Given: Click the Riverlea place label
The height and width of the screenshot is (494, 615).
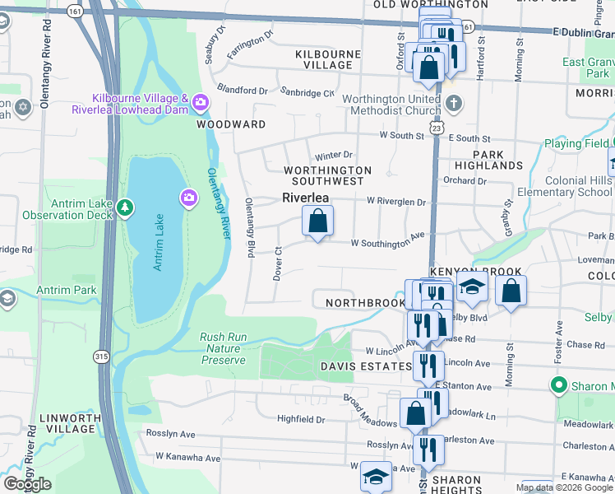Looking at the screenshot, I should [306, 198].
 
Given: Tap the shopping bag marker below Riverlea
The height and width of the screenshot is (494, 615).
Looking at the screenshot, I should [317, 221].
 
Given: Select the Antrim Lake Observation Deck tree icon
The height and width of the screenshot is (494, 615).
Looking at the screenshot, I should [124, 207].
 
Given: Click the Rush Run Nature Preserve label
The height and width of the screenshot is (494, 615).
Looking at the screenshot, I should [223, 348].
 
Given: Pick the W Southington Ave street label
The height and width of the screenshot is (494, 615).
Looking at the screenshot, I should [387, 243].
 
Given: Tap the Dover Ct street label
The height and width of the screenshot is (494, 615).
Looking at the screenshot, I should [278, 263].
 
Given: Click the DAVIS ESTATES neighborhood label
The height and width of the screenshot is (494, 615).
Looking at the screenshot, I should [366, 366].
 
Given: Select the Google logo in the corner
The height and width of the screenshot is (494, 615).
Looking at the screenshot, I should [27, 484].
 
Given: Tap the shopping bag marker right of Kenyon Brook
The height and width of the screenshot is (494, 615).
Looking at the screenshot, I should [511, 291].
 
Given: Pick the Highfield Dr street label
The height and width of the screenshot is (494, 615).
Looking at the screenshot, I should [301, 419].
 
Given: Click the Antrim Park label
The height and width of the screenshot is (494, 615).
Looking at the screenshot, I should [67, 290].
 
